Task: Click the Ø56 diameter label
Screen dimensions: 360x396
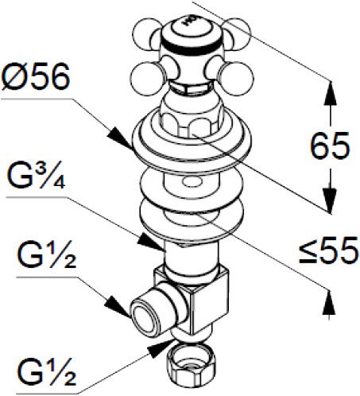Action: point(36,77)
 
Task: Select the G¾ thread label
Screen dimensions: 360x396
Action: point(37,174)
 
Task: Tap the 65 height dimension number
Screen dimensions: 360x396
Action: point(330,146)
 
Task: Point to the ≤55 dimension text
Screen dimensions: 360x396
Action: point(329,250)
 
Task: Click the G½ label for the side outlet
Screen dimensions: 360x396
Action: point(46,254)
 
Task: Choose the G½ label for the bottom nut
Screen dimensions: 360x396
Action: point(46,372)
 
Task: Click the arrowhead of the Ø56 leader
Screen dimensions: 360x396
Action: point(120,138)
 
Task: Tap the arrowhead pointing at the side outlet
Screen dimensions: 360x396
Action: point(118,307)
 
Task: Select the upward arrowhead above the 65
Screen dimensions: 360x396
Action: point(330,94)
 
